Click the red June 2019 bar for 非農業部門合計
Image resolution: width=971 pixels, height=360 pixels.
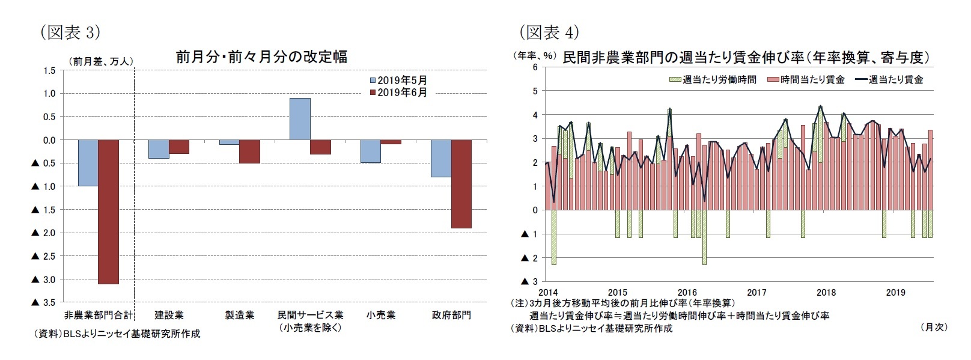(x=108, y=212)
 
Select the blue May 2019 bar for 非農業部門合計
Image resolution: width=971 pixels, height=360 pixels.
(x=88, y=163)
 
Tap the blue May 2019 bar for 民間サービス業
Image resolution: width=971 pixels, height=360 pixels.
(x=300, y=119)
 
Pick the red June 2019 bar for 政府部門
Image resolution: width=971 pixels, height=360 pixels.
(x=461, y=184)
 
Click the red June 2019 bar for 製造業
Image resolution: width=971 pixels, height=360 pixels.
(x=249, y=151)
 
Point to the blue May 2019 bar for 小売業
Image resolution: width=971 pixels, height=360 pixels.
(x=370, y=151)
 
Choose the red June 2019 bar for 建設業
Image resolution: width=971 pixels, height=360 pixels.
(x=179, y=147)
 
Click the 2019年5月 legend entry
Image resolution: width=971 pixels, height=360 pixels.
(x=398, y=81)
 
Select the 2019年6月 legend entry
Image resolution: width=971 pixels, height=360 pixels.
(x=398, y=93)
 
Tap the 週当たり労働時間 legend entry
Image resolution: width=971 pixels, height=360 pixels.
(x=713, y=79)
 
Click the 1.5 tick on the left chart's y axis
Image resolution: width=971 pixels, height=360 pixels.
(x=50, y=70)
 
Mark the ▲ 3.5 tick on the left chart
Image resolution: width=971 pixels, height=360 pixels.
(x=43, y=302)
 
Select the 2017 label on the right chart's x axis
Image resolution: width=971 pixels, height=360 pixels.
(x=756, y=293)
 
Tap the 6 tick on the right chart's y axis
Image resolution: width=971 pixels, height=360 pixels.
(x=535, y=67)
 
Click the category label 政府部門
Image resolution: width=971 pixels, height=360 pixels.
(x=451, y=315)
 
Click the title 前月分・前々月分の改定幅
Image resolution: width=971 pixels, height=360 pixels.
(x=261, y=57)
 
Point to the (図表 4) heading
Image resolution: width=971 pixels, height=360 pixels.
(x=549, y=32)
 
